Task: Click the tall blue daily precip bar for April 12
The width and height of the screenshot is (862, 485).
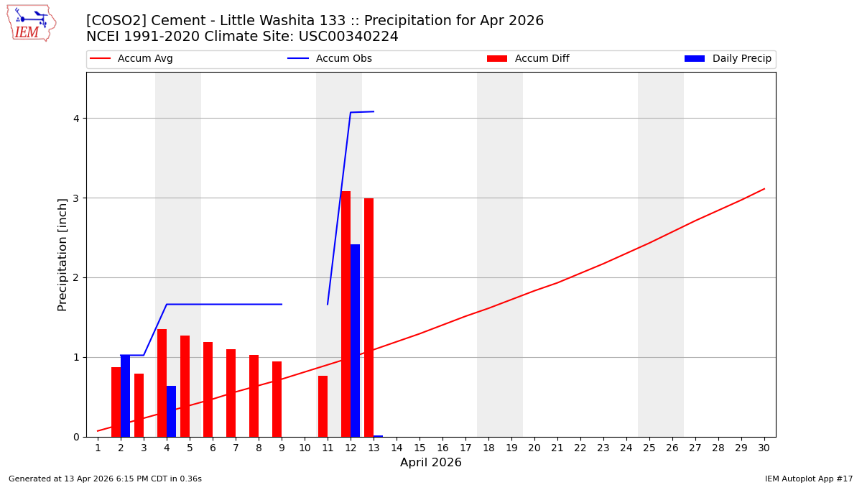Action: click(x=355, y=341)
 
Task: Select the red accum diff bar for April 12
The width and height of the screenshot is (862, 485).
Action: click(x=346, y=314)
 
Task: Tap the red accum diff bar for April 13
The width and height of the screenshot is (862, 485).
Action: click(x=369, y=318)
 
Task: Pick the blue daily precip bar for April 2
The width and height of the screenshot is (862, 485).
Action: click(x=125, y=396)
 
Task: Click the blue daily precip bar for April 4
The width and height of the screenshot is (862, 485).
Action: click(x=171, y=412)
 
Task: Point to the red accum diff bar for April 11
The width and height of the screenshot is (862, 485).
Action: click(x=323, y=406)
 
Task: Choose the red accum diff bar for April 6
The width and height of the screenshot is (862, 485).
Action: click(x=208, y=389)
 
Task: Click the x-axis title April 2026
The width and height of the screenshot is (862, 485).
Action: click(x=431, y=463)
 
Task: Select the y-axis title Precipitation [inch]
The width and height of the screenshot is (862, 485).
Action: click(x=62, y=254)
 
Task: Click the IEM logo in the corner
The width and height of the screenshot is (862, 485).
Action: click(x=31, y=23)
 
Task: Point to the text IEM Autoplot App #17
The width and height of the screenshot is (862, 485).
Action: click(x=808, y=479)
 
